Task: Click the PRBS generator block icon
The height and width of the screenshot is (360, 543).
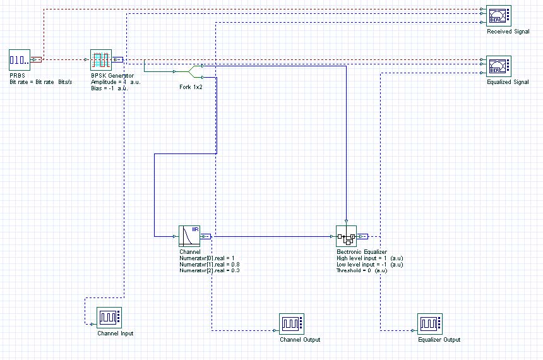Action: coord(20,60)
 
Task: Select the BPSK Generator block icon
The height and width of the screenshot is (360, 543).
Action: coord(101,60)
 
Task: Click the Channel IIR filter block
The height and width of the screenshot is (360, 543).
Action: coord(189,236)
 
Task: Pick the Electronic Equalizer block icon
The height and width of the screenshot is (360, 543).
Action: coord(346,236)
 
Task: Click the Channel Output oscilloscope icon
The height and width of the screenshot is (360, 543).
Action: coord(291,324)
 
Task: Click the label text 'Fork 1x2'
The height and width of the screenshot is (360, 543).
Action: coord(191,87)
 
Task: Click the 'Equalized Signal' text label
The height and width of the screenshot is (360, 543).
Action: coord(508,82)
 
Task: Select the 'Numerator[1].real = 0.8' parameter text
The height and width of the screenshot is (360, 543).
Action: coord(210,264)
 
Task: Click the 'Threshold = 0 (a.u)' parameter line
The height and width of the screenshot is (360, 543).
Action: coord(361,270)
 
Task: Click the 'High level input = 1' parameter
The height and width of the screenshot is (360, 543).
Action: coord(369,258)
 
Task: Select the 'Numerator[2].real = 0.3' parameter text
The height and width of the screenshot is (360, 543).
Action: coord(210,270)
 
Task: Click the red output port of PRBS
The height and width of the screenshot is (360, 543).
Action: coord(37,60)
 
